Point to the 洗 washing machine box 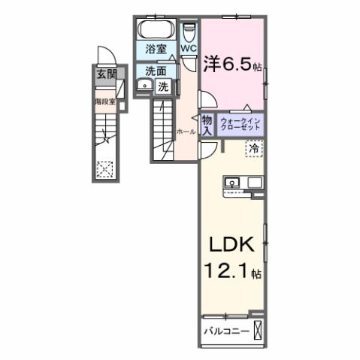click(x=163, y=86)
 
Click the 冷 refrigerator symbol click(x=254, y=149)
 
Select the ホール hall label click(x=186, y=132)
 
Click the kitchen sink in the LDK click(x=233, y=183)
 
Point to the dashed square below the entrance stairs click(x=104, y=168)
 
